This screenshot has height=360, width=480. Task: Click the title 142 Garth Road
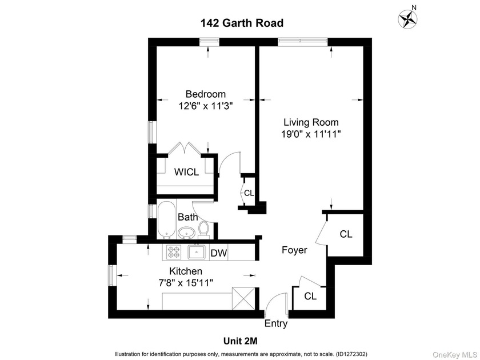pos(241,23)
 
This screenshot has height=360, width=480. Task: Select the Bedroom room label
pos(206,94)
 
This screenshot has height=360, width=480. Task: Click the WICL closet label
pos(187,172)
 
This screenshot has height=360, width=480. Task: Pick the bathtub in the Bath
pos(165,219)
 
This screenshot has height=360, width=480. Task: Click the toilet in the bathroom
pos(204,229)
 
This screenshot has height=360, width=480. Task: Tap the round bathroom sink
pos(186,232)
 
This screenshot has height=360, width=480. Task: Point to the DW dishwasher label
pos(218,252)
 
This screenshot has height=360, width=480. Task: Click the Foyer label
pos(294,250)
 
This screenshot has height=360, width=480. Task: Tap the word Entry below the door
pos(276,324)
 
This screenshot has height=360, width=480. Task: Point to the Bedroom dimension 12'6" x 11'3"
pos(206,106)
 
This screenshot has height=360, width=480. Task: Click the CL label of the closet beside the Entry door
pos(310,296)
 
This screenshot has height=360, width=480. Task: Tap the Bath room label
pos(188,217)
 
